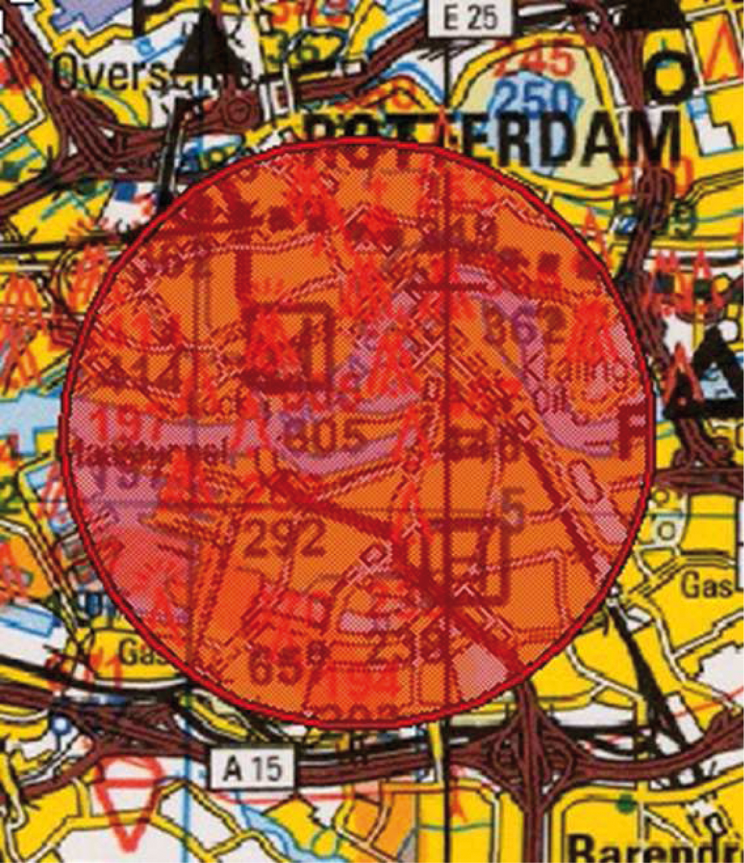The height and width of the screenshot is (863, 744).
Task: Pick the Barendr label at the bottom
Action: (656, 848)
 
